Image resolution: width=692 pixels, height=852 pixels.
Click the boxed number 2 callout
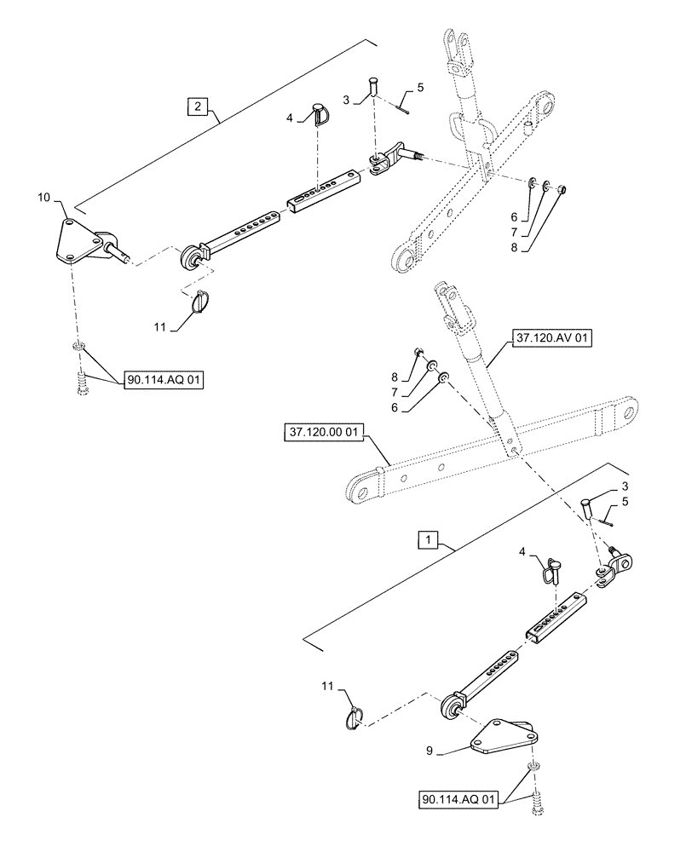click(198, 106)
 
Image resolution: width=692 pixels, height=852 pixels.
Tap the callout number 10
click(43, 199)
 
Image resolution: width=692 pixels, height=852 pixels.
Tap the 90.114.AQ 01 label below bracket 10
click(164, 381)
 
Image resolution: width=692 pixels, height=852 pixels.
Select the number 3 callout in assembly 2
click(346, 100)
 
